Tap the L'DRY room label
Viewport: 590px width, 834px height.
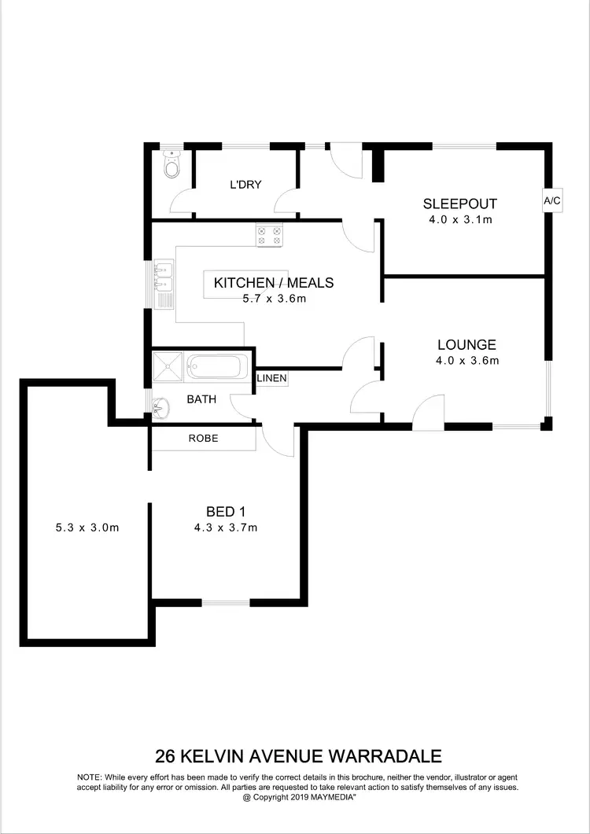click(x=245, y=185)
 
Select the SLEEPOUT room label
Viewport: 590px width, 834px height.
click(x=460, y=204)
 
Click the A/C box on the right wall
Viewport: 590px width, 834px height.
click(x=552, y=200)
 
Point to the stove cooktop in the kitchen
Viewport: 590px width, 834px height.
click(x=269, y=236)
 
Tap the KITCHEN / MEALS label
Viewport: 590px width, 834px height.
click(x=274, y=283)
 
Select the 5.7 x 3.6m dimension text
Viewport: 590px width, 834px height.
click(x=274, y=299)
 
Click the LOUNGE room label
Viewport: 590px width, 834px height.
click(x=466, y=344)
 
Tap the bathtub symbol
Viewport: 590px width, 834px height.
click(x=217, y=366)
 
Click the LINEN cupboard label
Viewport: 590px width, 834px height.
click(x=271, y=379)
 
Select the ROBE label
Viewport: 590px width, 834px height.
click(x=203, y=438)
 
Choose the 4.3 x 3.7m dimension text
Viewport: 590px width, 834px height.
click(x=226, y=528)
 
